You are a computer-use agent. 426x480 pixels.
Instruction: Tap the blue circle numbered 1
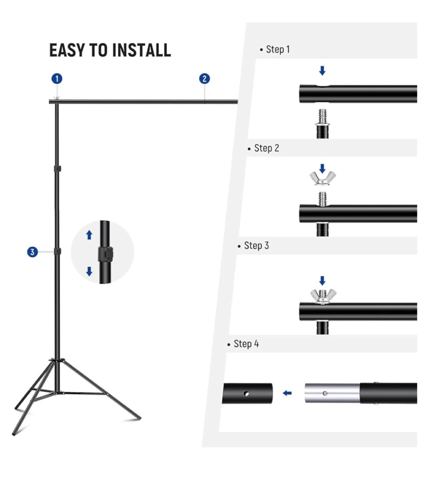coord(57,79)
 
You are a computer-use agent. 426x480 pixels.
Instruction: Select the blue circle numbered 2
coord(204,79)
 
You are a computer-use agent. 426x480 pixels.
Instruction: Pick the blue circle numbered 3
coord(32,252)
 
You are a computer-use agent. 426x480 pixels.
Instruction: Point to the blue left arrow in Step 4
coord(287,393)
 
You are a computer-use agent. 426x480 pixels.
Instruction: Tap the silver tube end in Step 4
coord(332,393)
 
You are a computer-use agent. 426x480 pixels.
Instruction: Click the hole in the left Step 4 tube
coord(246,394)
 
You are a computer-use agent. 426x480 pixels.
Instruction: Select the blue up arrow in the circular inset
coord(89,235)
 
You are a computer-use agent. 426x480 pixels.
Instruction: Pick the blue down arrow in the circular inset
coord(89,271)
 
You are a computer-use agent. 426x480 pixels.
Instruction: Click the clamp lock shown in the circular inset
coord(105,254)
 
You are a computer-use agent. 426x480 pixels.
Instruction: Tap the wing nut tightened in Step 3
coord(323,296)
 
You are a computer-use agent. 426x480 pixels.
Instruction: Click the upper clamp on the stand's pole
coord(58,169)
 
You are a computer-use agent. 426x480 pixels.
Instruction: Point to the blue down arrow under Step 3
coord(322,281)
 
